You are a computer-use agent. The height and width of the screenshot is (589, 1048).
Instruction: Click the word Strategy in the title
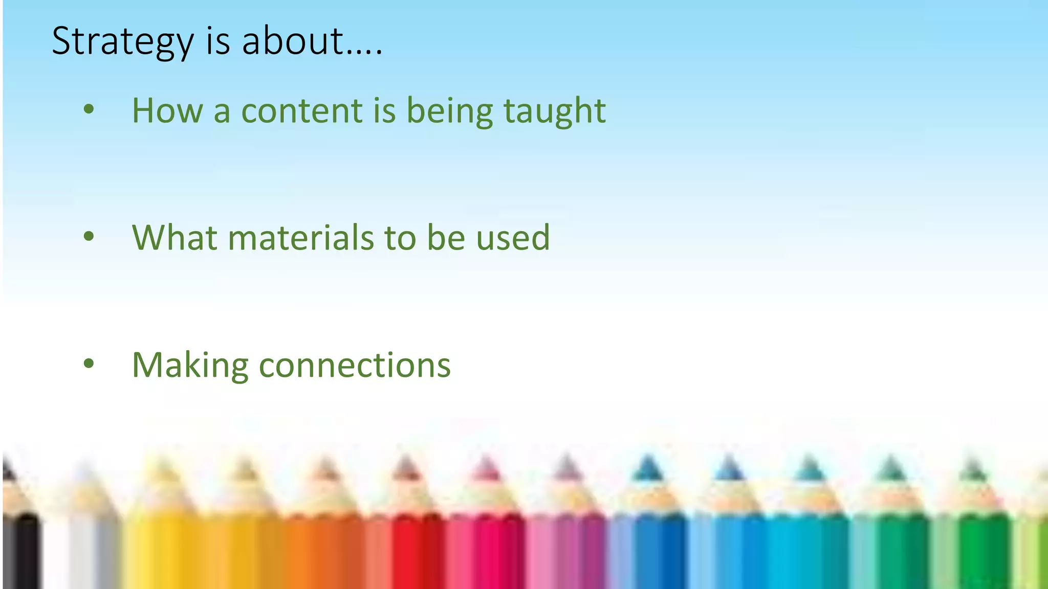point(123,42)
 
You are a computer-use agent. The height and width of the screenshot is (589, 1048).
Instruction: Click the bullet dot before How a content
point(89,109)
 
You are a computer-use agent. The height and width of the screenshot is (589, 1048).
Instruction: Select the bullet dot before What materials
point(89,236)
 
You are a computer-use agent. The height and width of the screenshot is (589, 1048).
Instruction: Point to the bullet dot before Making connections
point(89,364)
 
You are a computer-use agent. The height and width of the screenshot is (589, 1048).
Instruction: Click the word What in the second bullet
point(174,238)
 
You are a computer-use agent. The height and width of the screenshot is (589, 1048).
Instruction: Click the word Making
point(190,366)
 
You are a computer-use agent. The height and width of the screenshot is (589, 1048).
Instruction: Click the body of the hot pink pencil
point(486,552)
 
